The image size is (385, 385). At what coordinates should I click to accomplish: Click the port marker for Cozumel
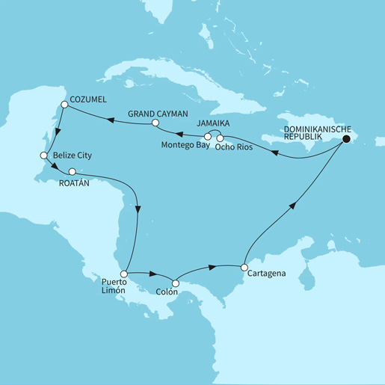pos(64,105)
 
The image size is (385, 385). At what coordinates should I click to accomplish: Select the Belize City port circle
pos(43,155)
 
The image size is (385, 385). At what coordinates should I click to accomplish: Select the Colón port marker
pos(176,283)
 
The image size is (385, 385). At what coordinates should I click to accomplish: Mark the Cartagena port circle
pos(244,266)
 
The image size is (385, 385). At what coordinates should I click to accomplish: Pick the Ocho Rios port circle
pos(220,138)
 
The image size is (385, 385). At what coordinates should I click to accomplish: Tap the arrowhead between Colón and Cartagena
pos(215,266)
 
